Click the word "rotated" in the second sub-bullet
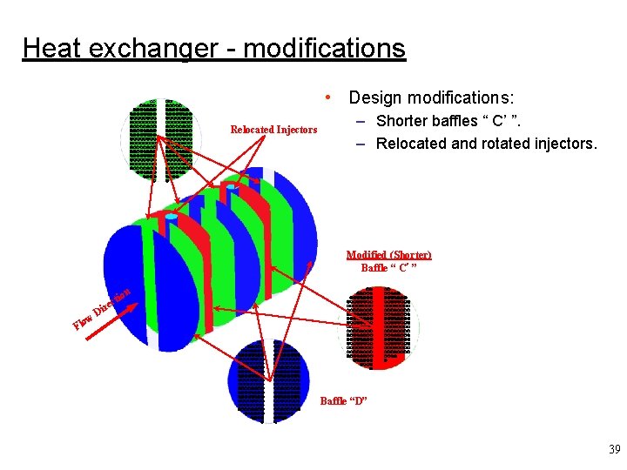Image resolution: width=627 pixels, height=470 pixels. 508,143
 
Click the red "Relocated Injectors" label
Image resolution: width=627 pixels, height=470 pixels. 273,130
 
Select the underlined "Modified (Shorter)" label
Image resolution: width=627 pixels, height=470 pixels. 388,254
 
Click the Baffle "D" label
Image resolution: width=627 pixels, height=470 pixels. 344,400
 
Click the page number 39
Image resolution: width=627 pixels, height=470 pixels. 614,450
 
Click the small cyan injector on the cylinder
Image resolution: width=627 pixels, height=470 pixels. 172,216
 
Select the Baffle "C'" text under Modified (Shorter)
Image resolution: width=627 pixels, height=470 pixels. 388,267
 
